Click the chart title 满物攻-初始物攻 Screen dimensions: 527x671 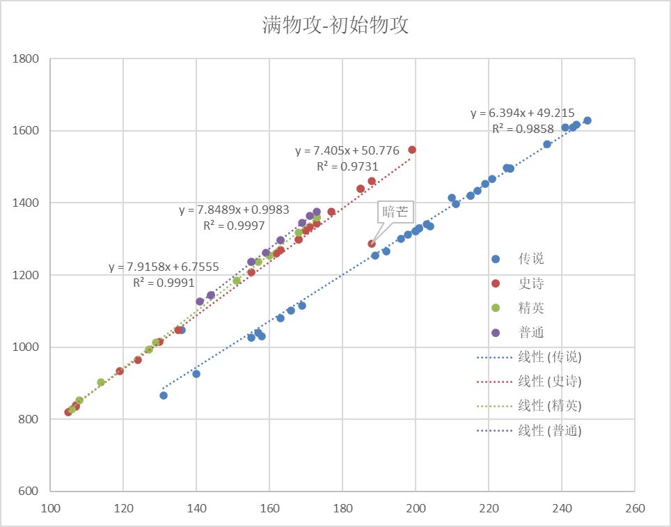(335, 26)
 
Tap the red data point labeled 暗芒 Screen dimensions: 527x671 (372, 244)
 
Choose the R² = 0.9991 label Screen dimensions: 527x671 (164, 282)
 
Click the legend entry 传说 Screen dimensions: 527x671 (531, 259)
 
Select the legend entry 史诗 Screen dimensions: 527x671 (531, 283)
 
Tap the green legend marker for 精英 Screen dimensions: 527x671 (496, 308)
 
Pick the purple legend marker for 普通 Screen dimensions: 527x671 (496, 332)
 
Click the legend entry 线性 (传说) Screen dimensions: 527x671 (549, 357)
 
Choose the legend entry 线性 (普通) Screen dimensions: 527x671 (549, 430)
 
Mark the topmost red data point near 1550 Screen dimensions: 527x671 (412, 150)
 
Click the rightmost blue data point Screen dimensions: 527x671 (587, 120)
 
